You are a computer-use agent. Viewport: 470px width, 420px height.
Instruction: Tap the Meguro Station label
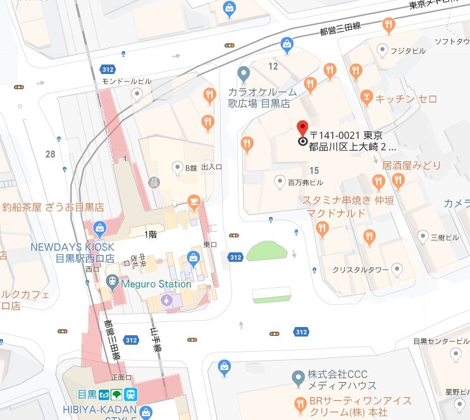pos(157,284)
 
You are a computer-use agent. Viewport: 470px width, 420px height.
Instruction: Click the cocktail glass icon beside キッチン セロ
pos(366,97)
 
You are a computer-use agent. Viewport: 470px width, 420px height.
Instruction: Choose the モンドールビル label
pos(127,82)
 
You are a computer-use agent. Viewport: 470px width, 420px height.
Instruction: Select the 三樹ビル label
pos(445,237)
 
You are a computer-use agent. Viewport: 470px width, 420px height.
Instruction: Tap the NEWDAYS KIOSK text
pos(72,247)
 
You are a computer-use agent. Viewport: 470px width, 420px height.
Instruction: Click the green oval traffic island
pos(268,250)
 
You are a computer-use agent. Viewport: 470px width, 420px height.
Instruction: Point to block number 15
pos(314,171)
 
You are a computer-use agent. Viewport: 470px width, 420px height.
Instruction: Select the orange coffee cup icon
pos(194,203)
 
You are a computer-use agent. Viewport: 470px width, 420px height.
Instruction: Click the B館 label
pos(191,168)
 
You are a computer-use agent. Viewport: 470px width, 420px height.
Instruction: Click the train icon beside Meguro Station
pos(112,280)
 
